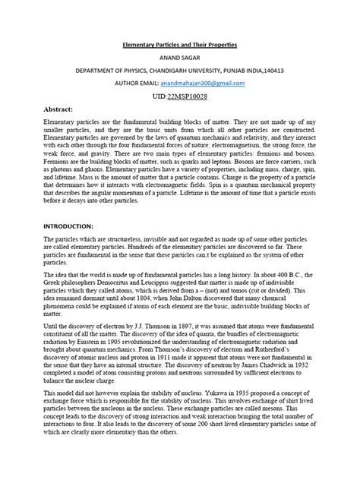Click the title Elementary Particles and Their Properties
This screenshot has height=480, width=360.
click(181, 45)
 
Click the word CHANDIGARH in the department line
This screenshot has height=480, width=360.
click(173, 71)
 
